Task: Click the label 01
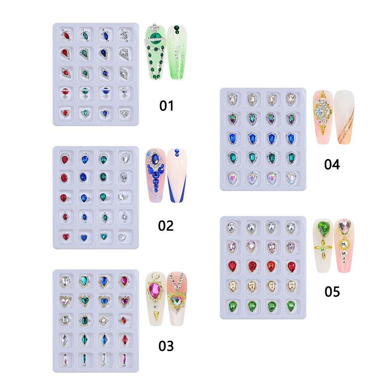166,105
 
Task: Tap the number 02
166,225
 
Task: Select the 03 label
166,345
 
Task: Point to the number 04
332,165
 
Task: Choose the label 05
332,291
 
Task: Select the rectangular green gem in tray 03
85,320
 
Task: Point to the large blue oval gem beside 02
156,159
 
